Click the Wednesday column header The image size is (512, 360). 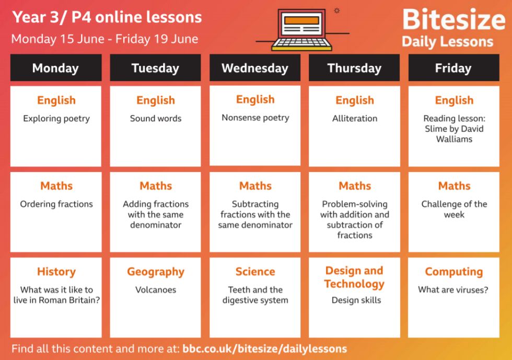pos(255,67)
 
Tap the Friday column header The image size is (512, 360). pos(453,67)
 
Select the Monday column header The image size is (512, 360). pos(56,67)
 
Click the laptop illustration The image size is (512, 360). pos(302,30)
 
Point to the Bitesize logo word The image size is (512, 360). pos(454,20)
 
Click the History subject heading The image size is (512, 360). pos(56,272)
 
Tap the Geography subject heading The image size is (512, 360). pos(156,272)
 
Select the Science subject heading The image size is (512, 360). pos(255,272)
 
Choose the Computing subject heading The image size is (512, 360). pos(454,272)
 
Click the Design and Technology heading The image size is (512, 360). pos(354,277)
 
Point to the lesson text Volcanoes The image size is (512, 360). pos(156,290)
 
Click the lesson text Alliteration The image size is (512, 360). pos(355,118)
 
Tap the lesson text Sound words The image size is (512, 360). pos(156,118)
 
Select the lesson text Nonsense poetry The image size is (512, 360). pos(255,118)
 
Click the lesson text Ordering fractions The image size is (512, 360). pos(56,204)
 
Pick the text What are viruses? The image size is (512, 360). pos(453,290)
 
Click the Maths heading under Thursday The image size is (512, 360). pos(355,186)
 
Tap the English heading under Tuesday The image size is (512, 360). pos(156,100)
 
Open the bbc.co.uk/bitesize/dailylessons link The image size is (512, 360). pos(264,349)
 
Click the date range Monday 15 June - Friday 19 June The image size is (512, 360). pos(104,39)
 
